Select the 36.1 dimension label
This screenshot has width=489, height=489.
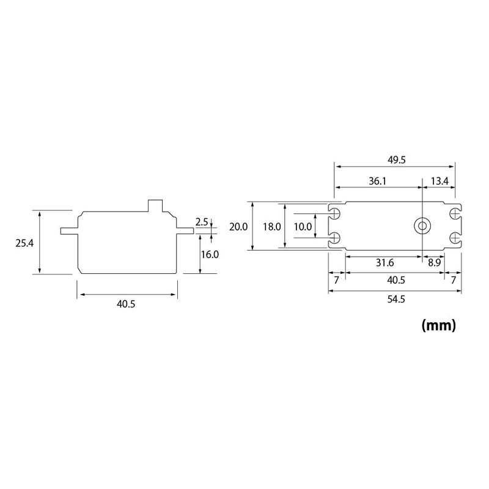pos(377,181)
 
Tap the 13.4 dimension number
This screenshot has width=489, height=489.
pos(439,181)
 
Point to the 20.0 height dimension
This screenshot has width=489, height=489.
pos(238,226)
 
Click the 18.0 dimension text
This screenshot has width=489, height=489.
pos(271,226)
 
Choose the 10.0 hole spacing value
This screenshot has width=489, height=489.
pos(303,226)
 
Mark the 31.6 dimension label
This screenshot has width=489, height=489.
pos(384,263)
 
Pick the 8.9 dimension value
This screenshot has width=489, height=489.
pos(434,263)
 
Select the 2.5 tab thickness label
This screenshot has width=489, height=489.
pos(202,221)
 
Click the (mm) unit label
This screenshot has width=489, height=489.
pos(439,325)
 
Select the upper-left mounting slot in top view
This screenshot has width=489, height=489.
pos(335,213)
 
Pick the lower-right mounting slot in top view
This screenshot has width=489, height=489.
pos(453,237)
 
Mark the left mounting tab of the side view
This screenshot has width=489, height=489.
pos(68,231)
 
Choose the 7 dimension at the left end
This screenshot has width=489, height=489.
pos(336,280)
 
